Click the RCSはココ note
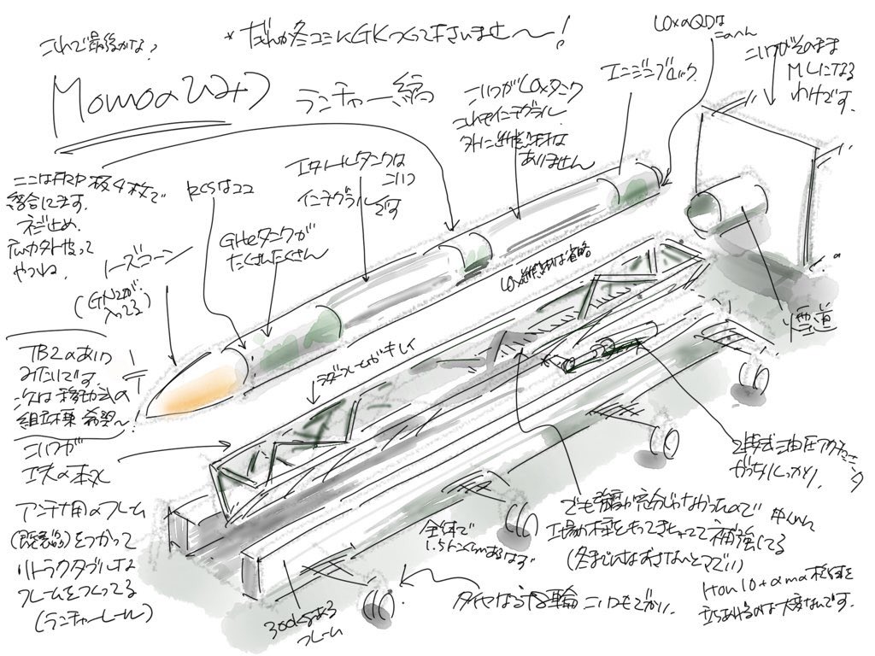click(x=214, y=186)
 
